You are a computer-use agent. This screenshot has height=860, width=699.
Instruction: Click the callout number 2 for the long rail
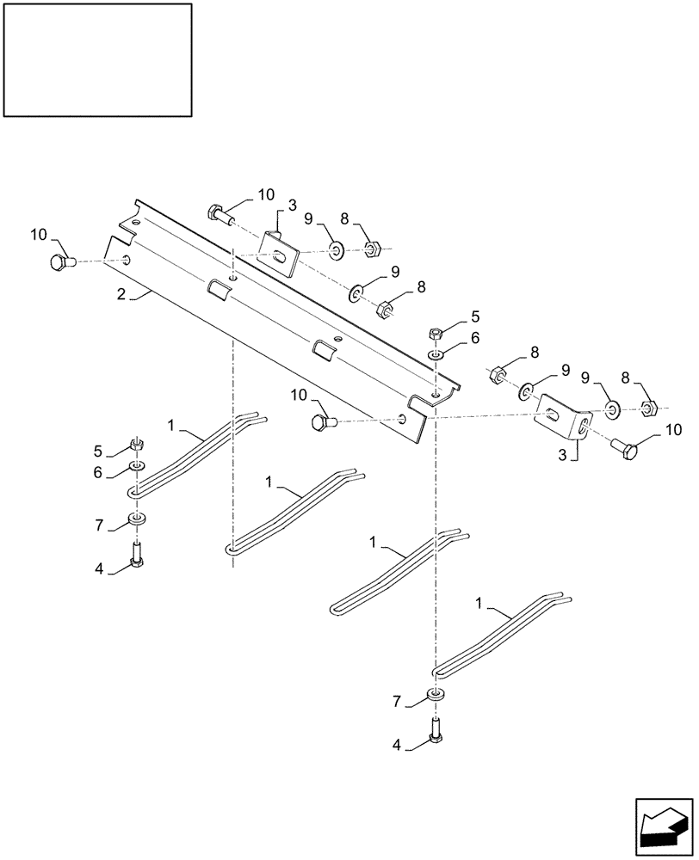(x=121, y=294)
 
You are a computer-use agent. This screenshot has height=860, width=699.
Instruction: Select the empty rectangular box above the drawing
(x=97, y=59)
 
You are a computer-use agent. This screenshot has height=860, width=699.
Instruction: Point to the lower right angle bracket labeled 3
(x=564, y=421)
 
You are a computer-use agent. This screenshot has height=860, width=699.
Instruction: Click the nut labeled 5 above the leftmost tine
(x=135, y=445)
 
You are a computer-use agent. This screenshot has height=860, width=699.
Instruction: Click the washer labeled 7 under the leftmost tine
(x=135, y=519)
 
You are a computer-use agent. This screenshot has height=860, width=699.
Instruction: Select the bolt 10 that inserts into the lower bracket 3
(x=626, y=449)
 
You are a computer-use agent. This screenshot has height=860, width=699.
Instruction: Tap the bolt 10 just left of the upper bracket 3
(x=218, y=213)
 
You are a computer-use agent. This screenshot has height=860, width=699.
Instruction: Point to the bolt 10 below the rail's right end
(x=324, y=421)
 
